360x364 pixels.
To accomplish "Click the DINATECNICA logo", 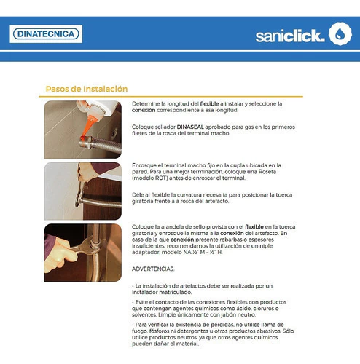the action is [46, 34].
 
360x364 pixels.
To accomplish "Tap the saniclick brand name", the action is [290, 36].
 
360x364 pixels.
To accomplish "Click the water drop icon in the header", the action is [340, 33].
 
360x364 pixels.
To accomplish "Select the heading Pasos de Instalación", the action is [87, 89].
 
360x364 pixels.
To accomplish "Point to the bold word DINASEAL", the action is [190, 127].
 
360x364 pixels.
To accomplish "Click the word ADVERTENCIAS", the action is [153, 269].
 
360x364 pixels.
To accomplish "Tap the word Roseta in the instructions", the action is [267, 172].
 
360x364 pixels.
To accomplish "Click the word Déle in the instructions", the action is [138, 195].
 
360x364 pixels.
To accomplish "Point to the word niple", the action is [267, 246].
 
